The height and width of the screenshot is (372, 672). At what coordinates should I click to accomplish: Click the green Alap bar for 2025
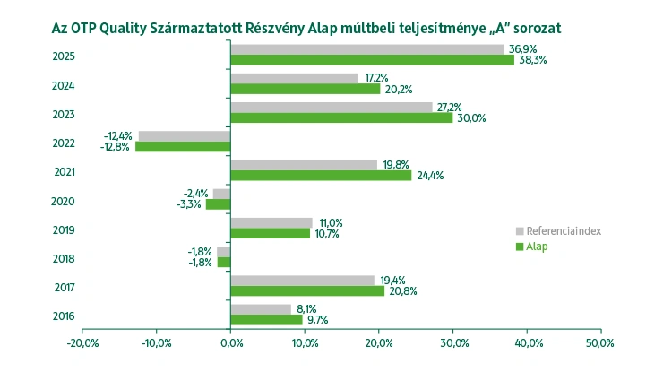click(372, 60)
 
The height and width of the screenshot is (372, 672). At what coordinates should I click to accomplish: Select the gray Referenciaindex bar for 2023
click(331, 107)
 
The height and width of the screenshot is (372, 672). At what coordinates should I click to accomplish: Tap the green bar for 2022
click(183, 146)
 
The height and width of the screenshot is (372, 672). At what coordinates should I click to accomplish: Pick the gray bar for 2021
click(304, 165)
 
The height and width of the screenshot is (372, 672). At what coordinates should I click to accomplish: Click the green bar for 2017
click(307, 290)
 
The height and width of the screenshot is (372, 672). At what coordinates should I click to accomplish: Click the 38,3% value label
click(533, 60)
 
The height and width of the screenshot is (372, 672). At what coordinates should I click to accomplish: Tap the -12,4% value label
click(119, 135)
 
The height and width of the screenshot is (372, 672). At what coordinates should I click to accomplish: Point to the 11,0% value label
click(331, 222)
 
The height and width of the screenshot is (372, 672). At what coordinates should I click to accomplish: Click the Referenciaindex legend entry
click(563, 230)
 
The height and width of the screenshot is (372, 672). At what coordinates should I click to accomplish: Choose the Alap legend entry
click(537, 247)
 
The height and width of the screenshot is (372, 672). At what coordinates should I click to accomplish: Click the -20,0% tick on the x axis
click(82, 343)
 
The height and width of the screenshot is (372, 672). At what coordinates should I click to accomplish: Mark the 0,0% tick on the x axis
click(230, 343)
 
